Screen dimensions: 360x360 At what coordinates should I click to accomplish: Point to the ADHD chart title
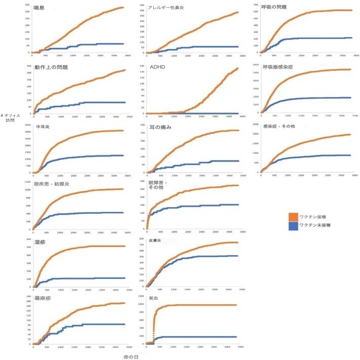pos(157,66)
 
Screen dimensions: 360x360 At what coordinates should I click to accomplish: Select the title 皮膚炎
pos(154,242)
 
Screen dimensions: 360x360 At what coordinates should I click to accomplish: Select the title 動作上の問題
pos(52,67)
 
